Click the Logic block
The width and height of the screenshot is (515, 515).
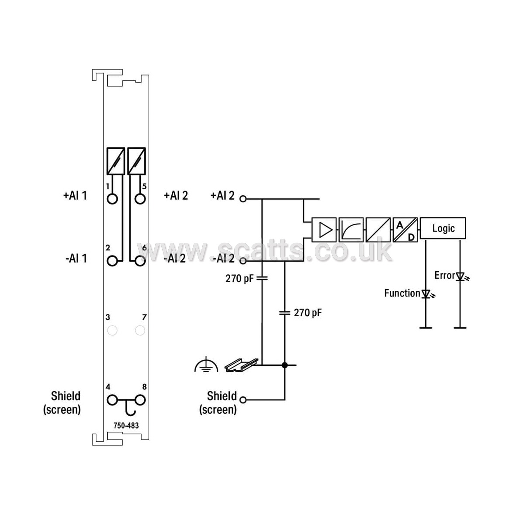click(443, 228)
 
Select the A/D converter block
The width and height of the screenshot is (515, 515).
click(405, 229)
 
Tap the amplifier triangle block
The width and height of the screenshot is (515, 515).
click(324, 229)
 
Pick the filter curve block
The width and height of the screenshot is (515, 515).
click(351, 229)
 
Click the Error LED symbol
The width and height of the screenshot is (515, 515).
click(461, 276)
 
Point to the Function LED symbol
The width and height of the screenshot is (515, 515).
click(427, 294)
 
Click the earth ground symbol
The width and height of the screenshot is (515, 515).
click(206, 365)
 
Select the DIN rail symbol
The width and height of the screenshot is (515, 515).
click(241, 365)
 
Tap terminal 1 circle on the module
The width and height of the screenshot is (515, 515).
click(113, 199)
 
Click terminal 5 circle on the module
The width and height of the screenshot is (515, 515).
click(140, 199)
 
